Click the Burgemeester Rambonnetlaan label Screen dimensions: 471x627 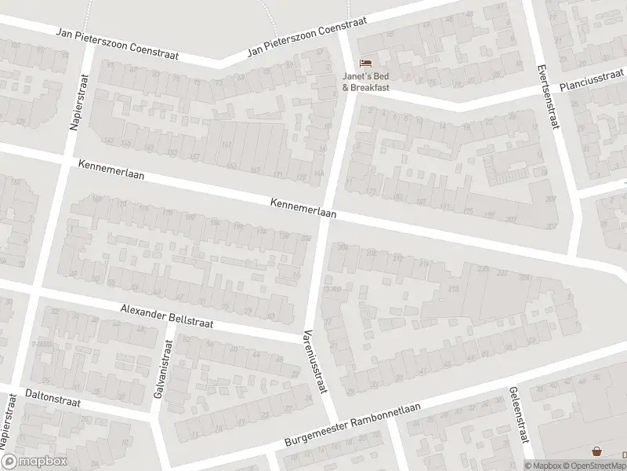pyautogui.click(x=353, y=430)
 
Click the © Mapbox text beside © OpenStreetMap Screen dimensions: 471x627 pyautogui.click(x=542, y=466)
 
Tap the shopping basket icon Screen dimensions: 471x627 pyautogui.click(x=598, y=451)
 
